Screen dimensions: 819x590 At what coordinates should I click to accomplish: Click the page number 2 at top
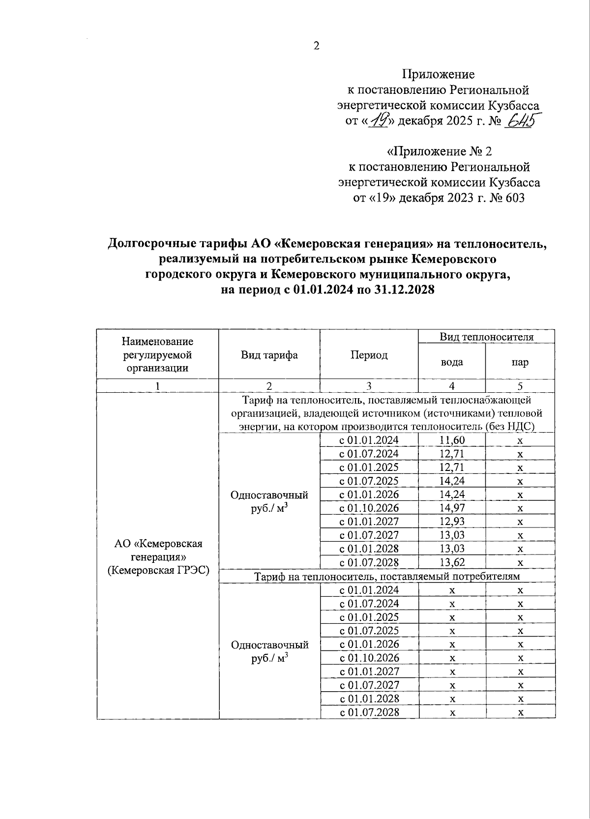[x=316, y=46]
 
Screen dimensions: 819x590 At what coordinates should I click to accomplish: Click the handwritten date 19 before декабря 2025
[x=378, y=119]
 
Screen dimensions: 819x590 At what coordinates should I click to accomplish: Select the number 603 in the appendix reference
[x=514, y=198]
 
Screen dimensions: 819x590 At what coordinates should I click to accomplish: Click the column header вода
[x=451, y=362]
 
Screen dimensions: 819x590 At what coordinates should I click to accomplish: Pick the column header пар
[x=520, y=362]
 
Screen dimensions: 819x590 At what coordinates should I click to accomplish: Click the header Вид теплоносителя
[x=486, y=337]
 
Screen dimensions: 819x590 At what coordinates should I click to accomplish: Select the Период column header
[x=369, y=355]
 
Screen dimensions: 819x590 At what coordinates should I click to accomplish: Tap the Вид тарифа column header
[x=269, y=355]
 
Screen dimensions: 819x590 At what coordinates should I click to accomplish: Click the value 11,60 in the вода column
[x=452, y=440]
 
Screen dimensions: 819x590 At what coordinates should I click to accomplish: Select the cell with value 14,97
[x=452, y=508]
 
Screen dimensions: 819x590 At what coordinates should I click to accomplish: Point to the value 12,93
[x=452, y=522]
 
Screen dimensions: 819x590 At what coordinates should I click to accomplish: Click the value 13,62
[x=452, y=562]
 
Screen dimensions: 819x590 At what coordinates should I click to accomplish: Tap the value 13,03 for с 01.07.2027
[x=452, y=535]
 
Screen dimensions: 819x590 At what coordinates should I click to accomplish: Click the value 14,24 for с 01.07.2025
[x=452, y=481]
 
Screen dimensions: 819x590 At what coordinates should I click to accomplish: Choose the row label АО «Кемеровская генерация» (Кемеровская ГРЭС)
[x=158, y=557]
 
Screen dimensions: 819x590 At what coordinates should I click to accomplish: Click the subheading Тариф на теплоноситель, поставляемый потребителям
[x=387, y=576]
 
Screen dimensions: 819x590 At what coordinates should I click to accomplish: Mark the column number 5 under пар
[x=520, y=386]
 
